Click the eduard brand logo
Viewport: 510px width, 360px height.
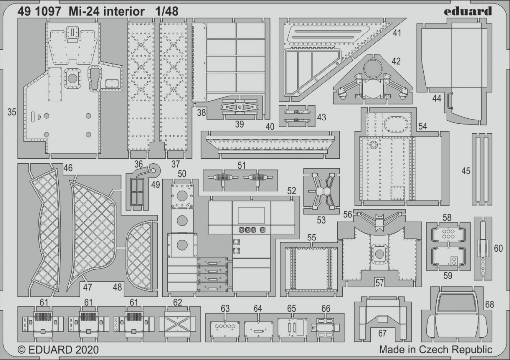pyautogui.click(x=469, y=12)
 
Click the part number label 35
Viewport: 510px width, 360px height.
pyautogui.click(x=12, y=112)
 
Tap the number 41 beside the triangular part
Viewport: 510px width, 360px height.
pyautogui.click(x=397, y=33)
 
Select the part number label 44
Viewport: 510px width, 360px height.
pyautogui.click(x=437, y=98)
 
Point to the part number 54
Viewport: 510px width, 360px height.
pyautogui.click(x=422, y=126)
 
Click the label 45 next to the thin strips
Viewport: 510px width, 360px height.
pyautogui.click(x=466, y=170)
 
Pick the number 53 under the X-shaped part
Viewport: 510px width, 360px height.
pyautogui.click(x=321, y=220)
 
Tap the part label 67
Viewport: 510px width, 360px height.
pyautogui.click(x=382, y=334)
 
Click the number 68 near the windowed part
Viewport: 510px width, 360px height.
pyautogui.click(x=489, y=304)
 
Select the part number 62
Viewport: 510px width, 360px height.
pyautogui.click(x=178, y=302)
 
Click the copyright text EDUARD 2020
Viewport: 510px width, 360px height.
pyautogui.click(x=58, y=350)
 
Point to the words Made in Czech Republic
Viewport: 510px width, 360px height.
pyautogui.click(x=435, y=350)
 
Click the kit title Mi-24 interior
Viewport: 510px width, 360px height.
pyautogui.click(x=107, y=12)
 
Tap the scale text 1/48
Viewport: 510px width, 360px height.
pyautogui.click(x=167, y=12)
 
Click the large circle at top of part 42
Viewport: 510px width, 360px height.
pyautogui.click(x=373, y=69)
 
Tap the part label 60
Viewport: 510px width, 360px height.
pyautogui.click(x=498, y=248)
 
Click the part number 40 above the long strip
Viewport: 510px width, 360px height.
pyautogui.click(x=270, y=127)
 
